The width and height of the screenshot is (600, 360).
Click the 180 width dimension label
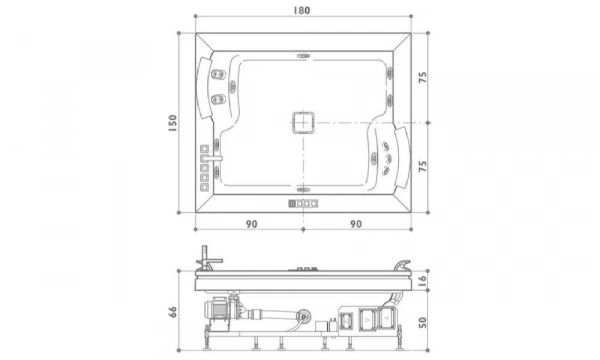coord(302,10)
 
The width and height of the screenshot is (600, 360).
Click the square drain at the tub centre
coord(303,123)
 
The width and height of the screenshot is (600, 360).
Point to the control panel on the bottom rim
coord(302,203)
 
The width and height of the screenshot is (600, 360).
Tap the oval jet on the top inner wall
coord(303,56)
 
